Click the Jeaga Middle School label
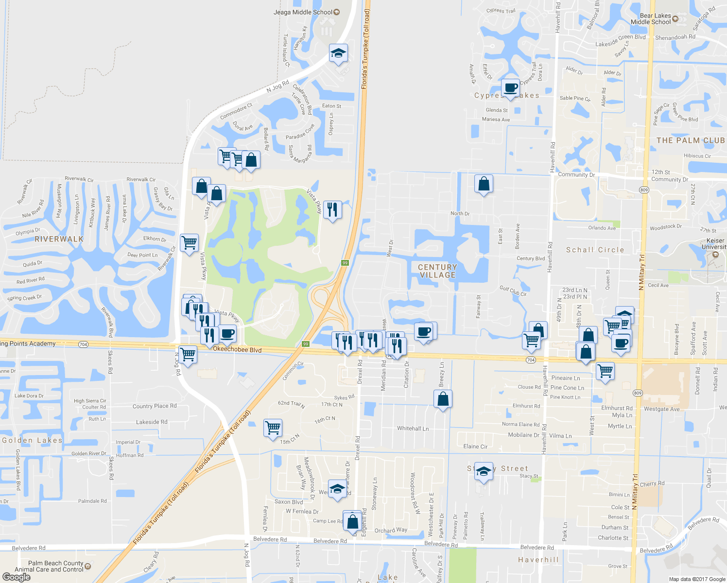(x=303, y=12)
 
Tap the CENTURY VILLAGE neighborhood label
(x=437, y=271)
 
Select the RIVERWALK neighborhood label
(x=59, y=239)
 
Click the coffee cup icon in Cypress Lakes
(x=510, y=88)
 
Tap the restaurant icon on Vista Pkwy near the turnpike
(x=332, y=209)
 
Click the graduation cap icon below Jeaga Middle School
(x=338, y=53)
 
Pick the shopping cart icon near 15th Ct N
(x=273, y=428)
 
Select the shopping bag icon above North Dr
(x=484, y=184)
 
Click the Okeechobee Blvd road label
(x=237, y=349)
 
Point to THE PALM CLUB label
(x=691, y=140)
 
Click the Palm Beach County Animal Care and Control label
(x=49, y=566)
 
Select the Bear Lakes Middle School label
(x=651, y=19)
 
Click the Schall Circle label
(x=595, y=250)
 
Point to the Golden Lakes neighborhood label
(x=32, y=440)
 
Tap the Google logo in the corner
(x=17, y=577)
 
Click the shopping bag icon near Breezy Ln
(x=443, y=399)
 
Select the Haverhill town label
(x=538, y=560)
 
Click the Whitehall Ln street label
(x=413, y=429)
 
